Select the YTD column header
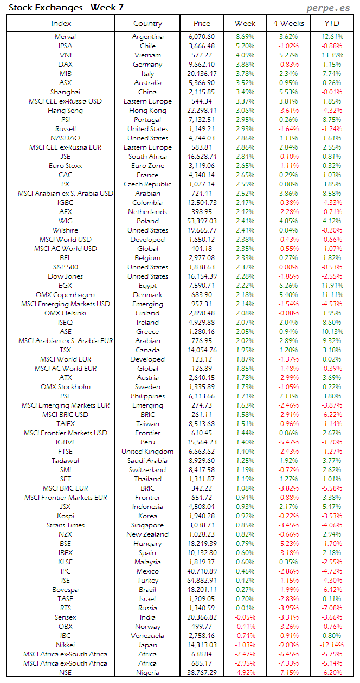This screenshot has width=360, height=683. pyautogui.click(x=332, y=23)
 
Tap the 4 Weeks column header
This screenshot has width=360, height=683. pyautogui.click(x=288, y=23)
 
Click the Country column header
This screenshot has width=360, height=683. pyautogui.click(x=147, y=23)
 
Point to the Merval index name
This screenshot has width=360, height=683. pyautogui.click(x=65, y=37)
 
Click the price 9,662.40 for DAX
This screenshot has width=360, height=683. pyautogui.click(x=202, y=65)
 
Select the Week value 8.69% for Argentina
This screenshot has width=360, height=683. pyautogui.click(x=245, y=37)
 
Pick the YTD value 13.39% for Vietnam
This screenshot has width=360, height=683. pyautogui.click(x=332, y=55)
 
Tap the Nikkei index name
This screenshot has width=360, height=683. pyautogui.click(x=65, y=645)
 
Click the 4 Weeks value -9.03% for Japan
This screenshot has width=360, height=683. pyautogui.click(x=288, y=645)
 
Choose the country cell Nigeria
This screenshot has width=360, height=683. pyautogui.click(x=147, y=673)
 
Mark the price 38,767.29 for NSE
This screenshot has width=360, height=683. pyautogui.click(x=202, y=673)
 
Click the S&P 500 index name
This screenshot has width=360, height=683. pyautogui.click(x=65, y=267)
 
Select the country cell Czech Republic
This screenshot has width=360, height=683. pyautogui.click(x=147, y=184)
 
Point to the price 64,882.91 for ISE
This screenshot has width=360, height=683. pyautogui.click(x=202, y=581)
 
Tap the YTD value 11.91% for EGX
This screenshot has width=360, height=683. pyautogui.click(x=332, y=286)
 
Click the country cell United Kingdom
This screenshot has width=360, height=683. pyautogui.click(x=147, y=452)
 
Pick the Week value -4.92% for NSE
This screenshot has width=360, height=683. pyautogui.click(x=245, y=673)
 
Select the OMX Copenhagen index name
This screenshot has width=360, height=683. pyautogui.click(x=65, y=295)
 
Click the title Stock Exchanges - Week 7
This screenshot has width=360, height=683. pyautogui.click(x=50, y=8)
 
